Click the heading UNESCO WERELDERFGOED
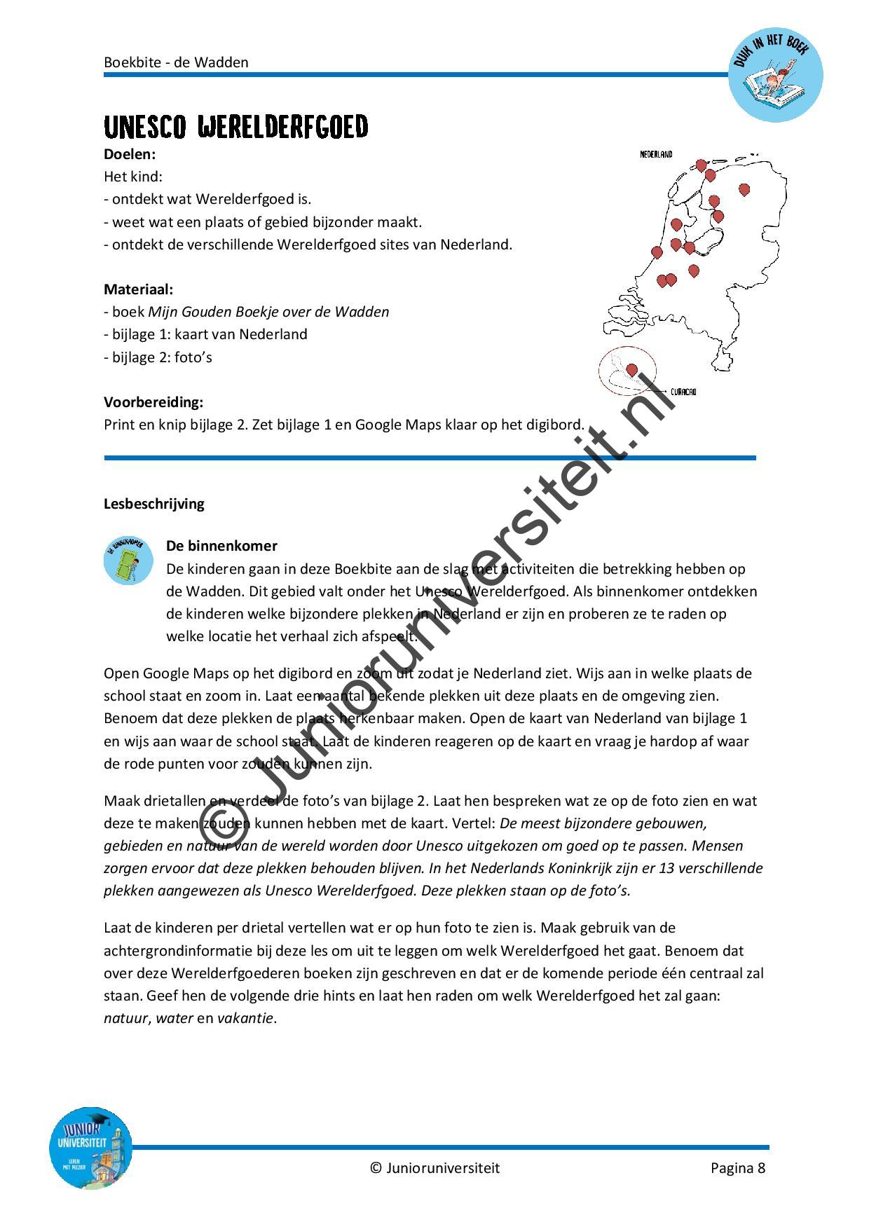[235, 128]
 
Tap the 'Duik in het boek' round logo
[775, 75]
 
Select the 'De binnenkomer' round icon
[128, 561]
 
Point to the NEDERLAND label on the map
[656, 155]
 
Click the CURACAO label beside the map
[683, 392]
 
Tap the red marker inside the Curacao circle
[631, 369]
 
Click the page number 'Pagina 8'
[737, 1168]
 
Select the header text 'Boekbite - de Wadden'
[176, 62]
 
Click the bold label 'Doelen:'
[130, 154]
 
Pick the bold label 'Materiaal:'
[138, 289]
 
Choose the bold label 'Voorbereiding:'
[153, 402]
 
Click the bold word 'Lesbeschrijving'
[154, 504]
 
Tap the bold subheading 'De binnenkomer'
[221, 546]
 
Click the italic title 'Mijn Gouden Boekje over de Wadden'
[268, 312]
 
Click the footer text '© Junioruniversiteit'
[434, 1168]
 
